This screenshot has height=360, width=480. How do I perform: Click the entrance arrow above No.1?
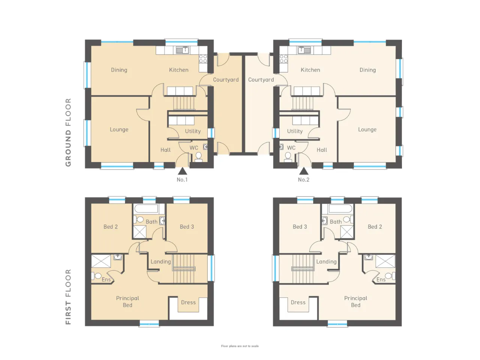click(x=182, y=171)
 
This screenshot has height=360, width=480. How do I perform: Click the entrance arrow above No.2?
click(x=303, y=171)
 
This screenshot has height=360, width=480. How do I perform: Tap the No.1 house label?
click(x=182, y=180)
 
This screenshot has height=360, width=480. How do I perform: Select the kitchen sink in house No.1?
click(x=183, y=50)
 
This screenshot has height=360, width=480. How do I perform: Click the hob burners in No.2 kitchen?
click(x=283, y=59)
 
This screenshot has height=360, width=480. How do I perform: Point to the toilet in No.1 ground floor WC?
click(x=198, y=157)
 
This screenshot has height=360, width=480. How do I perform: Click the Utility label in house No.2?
click(x=295, y=131)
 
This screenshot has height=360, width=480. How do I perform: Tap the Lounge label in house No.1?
click(x=119, y=130)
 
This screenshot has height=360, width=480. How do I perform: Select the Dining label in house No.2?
click(x=367, y=70)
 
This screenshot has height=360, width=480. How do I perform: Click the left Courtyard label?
click(x=226, y=80)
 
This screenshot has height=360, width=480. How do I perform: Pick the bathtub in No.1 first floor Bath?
click(x=146, y=209)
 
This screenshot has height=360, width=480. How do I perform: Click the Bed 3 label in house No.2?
click(x=300, y=226)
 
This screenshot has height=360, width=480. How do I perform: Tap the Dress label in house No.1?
click(x=188, y=303)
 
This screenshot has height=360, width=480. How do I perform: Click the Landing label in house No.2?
click(x=326, y=262)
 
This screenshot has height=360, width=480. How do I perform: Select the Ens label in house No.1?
click(x=106, y=280)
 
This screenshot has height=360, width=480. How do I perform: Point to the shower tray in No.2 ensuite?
click(x=385, y=261)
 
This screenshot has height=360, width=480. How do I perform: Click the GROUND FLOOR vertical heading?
click(x=69, y=132)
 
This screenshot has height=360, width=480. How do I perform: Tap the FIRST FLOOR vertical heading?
click(x=69, y=297)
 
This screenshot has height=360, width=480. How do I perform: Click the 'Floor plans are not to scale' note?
click(x=240, y=346)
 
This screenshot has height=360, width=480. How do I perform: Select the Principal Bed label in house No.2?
click(x=355, y=301)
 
